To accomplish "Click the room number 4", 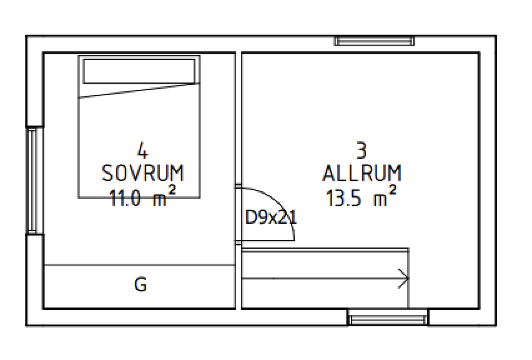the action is click(x=143, y=150).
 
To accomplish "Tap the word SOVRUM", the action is click(x=143, y=173).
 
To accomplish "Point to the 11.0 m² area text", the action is click(x=142, y=196).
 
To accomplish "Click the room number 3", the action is click(x=362, y=150).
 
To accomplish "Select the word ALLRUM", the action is click(x=362, y=173).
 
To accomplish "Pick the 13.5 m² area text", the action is click(x=362, y=196).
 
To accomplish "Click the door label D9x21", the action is click(x=271, y=217).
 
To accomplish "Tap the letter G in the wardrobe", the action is click(x=140, y=284).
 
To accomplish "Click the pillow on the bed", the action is click(x=139, y=71).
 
